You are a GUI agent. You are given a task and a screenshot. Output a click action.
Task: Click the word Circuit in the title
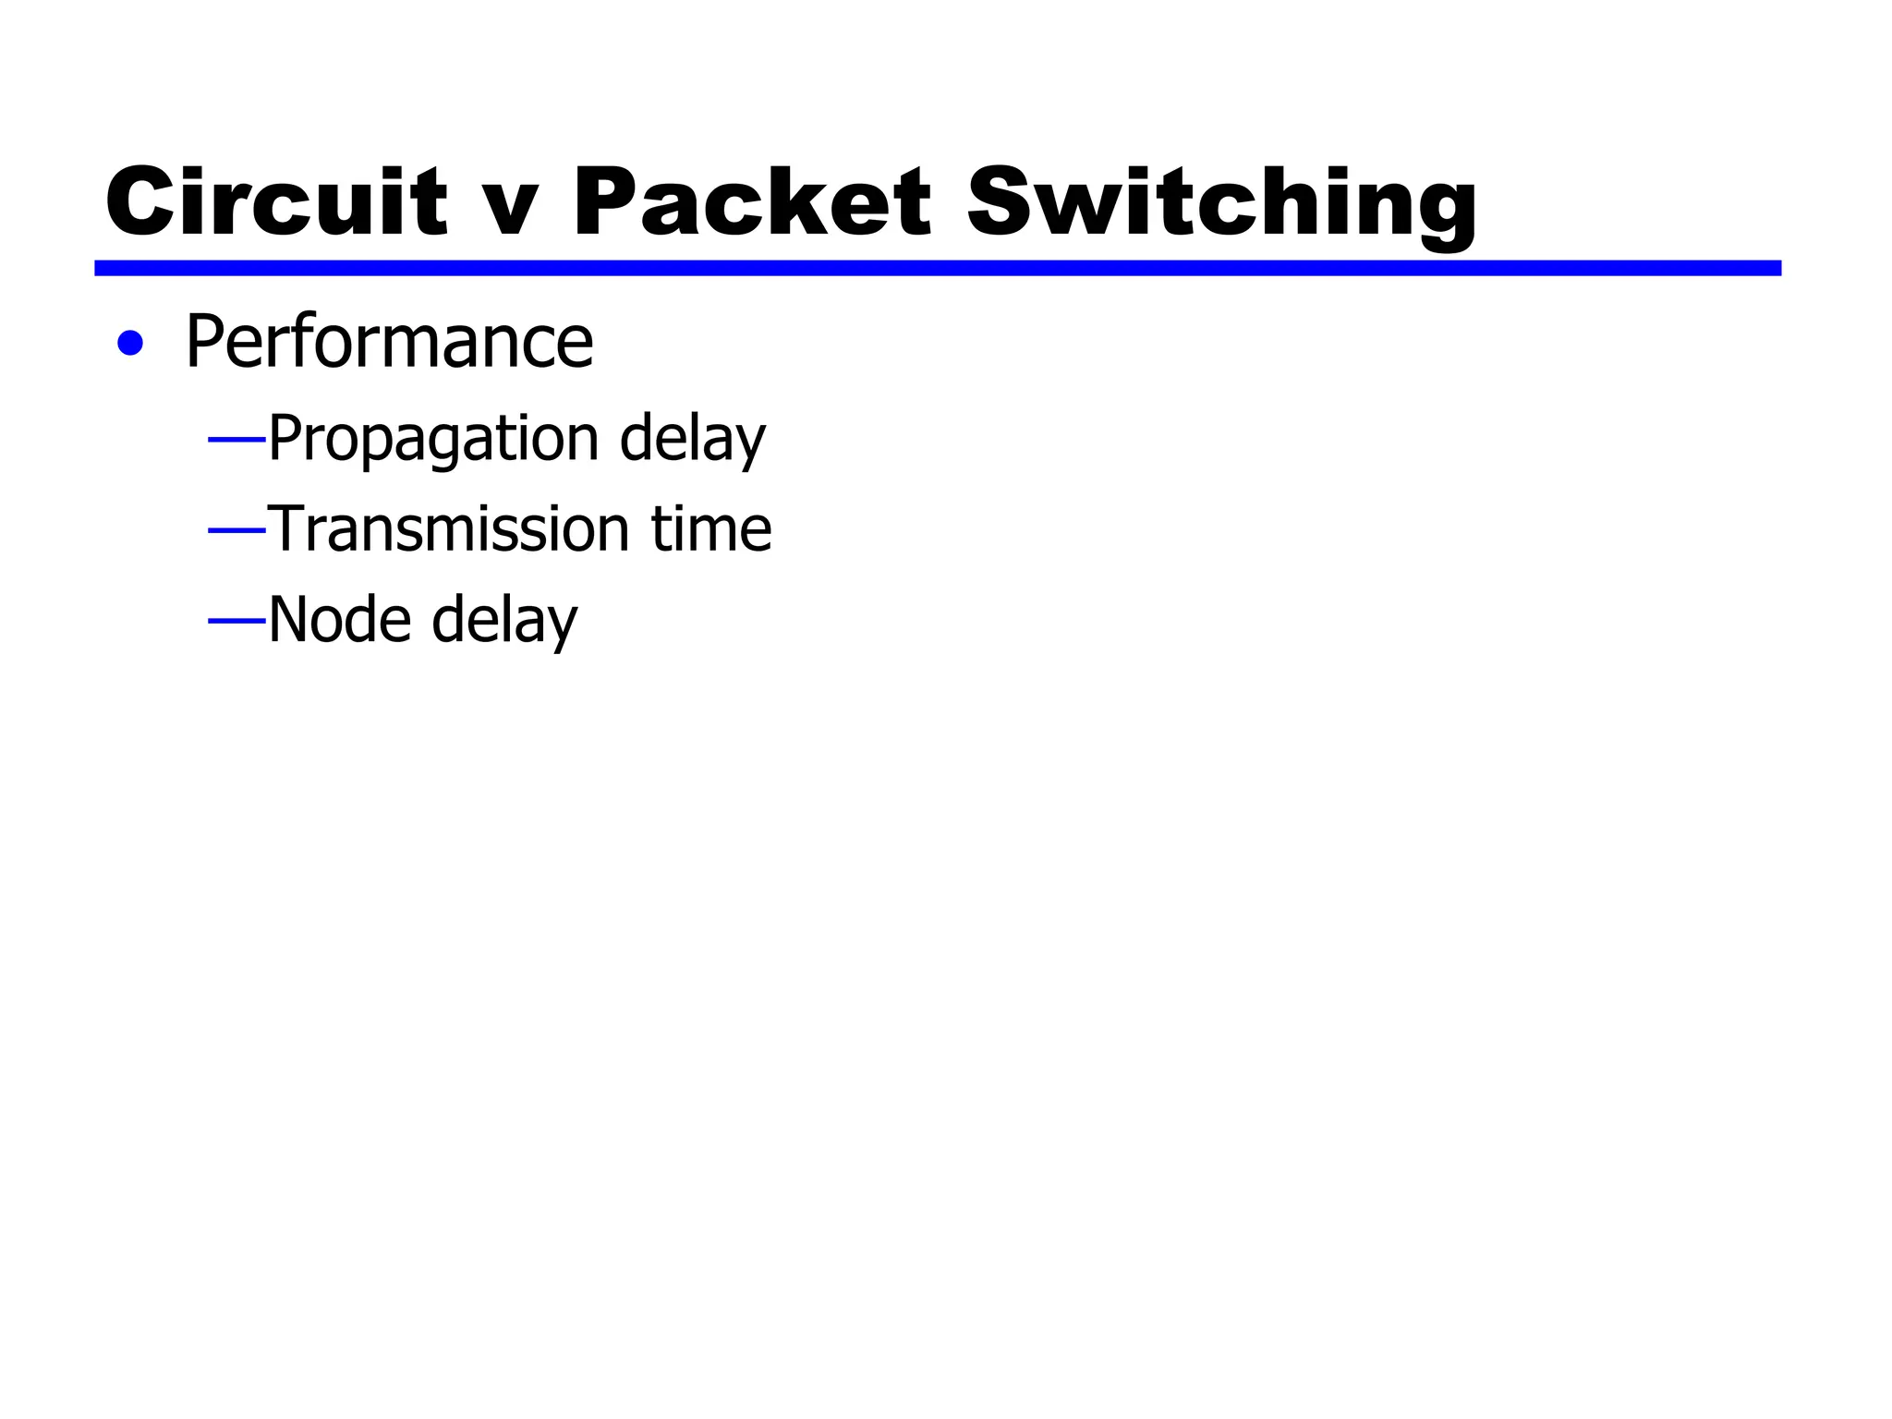pos(276,202)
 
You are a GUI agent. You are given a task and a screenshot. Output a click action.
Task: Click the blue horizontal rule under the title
pos(937,268)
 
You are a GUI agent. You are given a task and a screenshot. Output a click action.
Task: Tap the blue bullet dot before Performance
pos(130,344)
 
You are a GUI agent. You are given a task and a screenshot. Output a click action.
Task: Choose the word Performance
pos(389,342)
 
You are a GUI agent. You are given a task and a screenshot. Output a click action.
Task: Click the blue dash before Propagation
pos(236,440)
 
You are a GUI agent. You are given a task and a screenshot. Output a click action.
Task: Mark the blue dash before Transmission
pos(236,530)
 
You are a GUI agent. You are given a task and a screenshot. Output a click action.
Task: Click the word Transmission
pos(448,529)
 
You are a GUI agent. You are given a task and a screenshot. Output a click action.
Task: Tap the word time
pos(711,529)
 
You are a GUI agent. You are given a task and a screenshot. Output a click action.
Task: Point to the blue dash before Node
pos(236,621)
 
